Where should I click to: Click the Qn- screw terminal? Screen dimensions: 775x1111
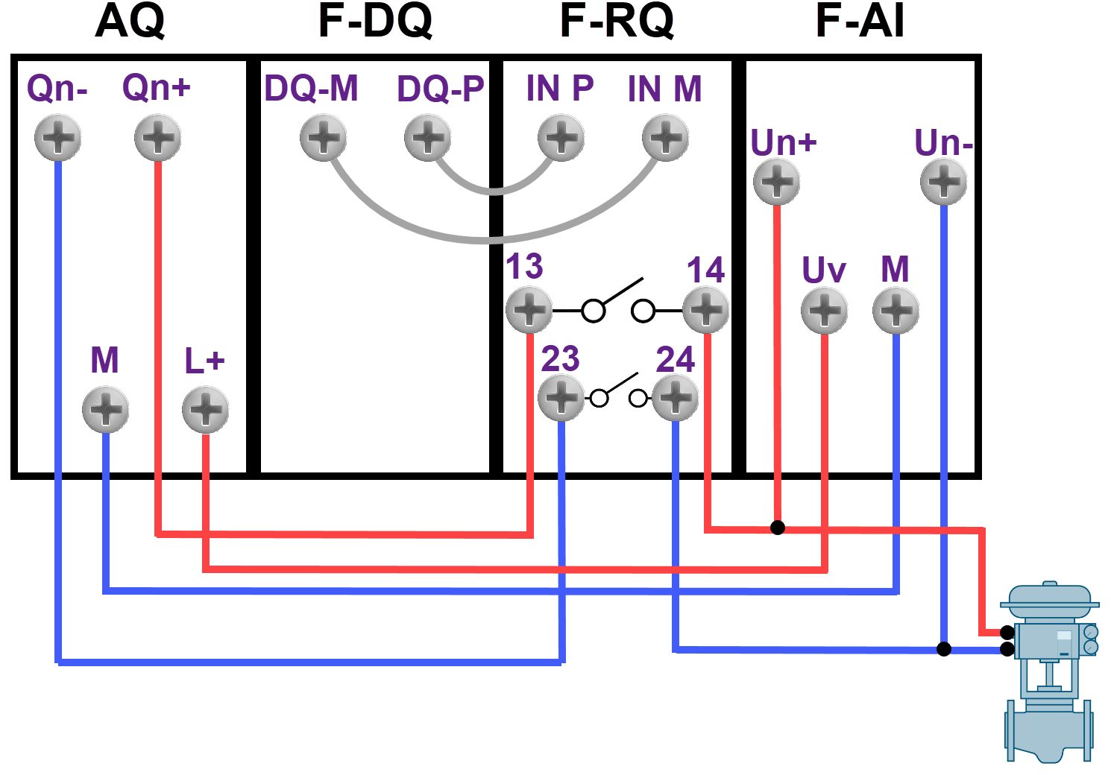tap(57, 138)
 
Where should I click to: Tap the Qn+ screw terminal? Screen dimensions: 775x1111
tap(157, 138)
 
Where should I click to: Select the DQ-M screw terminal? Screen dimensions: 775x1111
tap(323, 138)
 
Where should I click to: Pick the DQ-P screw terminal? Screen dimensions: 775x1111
tap(427, 138)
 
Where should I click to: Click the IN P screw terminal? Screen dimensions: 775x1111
tap(561, 138)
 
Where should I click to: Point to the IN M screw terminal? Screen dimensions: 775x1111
tap(665, 138)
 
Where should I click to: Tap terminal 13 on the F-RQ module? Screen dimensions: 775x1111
tap(529, 310)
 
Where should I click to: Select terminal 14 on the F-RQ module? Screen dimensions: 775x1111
tap(705, 310)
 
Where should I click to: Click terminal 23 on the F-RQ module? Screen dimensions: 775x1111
tap(561, 398)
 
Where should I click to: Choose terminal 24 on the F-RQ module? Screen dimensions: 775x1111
tap(675, 398)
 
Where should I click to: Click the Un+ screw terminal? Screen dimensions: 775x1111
tap(776, 182)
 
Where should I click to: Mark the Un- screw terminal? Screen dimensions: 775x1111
tap(943, 182)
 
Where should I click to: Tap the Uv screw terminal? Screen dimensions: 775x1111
tap(824, 311)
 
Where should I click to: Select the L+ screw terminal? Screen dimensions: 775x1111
tap(205, 410)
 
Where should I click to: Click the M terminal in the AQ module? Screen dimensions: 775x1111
tap(105, 410)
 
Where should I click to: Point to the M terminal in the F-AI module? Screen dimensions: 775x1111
tap(896, 311)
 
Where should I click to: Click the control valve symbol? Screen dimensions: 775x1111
tap(1050, 671)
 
